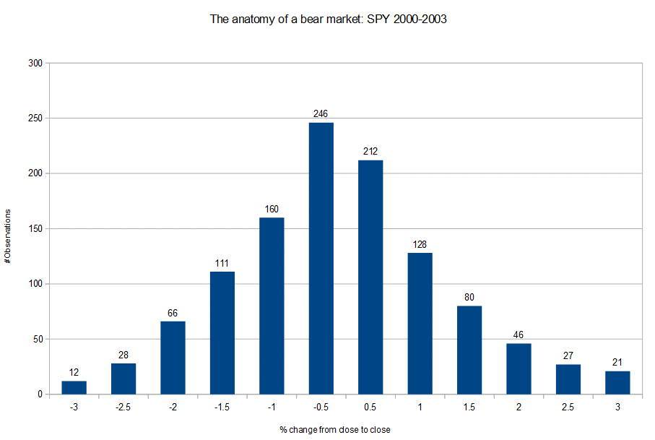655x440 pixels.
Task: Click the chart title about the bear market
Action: click(x=328, y=20)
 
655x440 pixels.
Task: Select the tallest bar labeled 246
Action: click(x=321, y=258)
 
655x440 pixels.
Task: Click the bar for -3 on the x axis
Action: click(x=74, y=387)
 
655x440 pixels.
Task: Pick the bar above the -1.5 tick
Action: click(x=222, y=332)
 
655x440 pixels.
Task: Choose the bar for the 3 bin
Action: click(x=617, y=382)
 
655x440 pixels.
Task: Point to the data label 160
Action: click(x=272, y=210)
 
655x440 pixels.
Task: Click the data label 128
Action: click(x=420, y=245)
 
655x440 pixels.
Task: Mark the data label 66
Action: click(x=173, y=314)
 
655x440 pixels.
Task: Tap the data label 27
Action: click(x=568, y=356)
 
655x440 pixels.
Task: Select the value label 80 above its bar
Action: click(x=469, y=298)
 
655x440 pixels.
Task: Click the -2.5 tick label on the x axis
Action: click(x=123, y=407)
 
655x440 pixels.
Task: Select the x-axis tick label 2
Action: click(x=519, y=407)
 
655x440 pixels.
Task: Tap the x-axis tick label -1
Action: click(x=272, y=407)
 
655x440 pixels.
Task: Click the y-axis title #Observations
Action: click(x=8, y=236)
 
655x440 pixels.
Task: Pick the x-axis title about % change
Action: click(x=334, y=430)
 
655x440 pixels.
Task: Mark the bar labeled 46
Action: click(x=519, y=368)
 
